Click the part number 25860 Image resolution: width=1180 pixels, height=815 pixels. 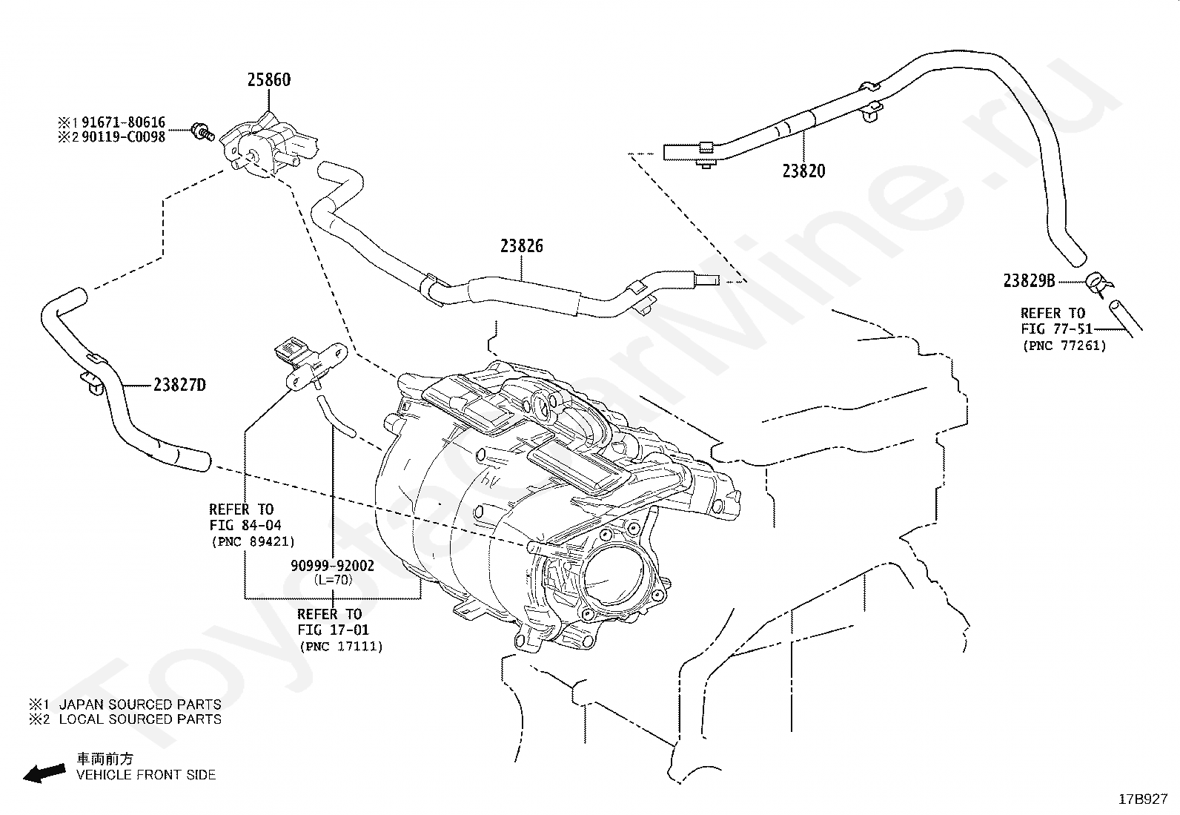point(268,79)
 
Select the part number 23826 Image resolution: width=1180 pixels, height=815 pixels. point(522,245)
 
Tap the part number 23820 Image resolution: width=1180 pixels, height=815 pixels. point(803,171)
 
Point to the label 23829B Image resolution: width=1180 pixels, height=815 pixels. point(1030,280)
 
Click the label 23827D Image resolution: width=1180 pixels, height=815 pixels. point(179,385)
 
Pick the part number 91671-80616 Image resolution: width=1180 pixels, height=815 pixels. point(123,122)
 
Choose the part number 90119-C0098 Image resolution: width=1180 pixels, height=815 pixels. point(123,136)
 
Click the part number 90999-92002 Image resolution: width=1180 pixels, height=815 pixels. point(332,566)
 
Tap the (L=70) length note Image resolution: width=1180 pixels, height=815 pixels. point(333,579)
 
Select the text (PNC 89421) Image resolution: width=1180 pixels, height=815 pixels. point(253,541)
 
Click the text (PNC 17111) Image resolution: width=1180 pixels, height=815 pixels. point(341,647)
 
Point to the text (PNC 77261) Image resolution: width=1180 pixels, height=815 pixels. point(1064,346)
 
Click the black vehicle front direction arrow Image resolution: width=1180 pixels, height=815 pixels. point(44,773)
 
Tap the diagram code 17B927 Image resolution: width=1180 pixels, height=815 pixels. point(1143,799)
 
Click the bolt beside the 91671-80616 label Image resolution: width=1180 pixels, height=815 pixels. point(203,131)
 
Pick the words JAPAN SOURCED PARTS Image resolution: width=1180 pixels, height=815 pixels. point(140,705)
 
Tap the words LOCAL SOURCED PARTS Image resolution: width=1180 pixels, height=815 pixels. point(140,719)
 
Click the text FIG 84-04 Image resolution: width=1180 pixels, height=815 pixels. point(245,525)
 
